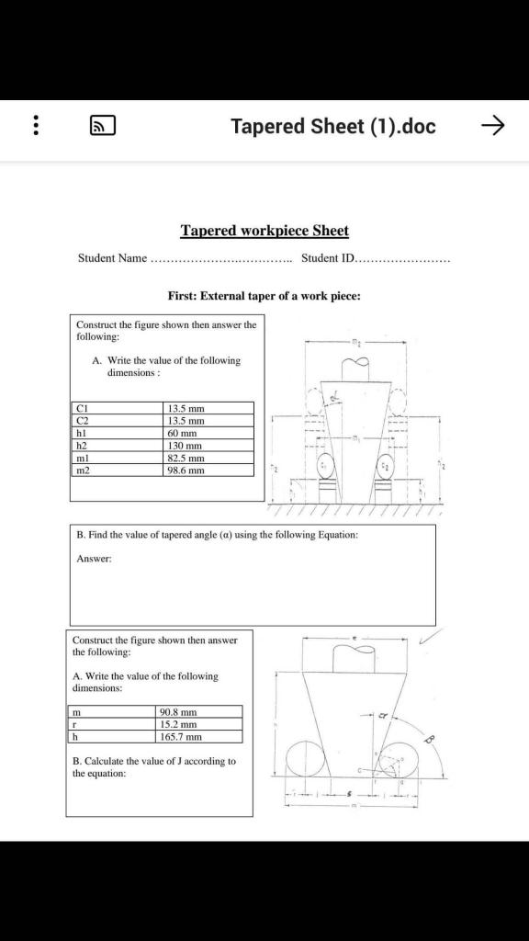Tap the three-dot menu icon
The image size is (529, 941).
(x=36, y=126)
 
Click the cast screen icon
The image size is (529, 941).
(x=102, y=126)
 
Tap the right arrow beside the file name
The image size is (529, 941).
(x=493, y=126)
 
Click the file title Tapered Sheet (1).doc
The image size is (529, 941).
(x=332, y=126)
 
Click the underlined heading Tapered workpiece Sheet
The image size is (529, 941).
(x=264, y=231)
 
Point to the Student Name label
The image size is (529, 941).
(x=112, y=258)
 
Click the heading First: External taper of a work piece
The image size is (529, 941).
(x=264, y=296)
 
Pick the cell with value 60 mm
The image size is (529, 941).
(x=208, y=433)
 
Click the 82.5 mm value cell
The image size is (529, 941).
(x=208, y=458)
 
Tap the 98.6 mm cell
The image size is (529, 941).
(x=208, y=470)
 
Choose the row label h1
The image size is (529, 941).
(x=117, y=433)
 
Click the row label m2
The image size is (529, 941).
(x=117, y=470)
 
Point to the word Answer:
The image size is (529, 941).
(x=95, y=558)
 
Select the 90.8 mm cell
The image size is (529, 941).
(x=200, y=711)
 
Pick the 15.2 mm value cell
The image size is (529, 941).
(x=200, y=724)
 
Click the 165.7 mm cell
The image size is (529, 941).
(x=200, y=736)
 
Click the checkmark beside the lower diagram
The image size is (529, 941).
(x=429, y=636)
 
